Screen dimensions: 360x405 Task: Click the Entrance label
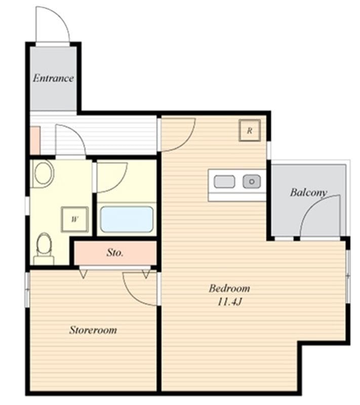(x=53, y=78)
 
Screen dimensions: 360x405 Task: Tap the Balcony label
(x=309, y=192)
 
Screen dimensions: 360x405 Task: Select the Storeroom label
(x=93, y=330)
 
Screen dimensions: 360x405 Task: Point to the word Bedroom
(x=229, y=288)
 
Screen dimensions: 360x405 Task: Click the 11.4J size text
(x=229, y=301)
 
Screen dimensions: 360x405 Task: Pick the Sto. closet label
(x=115, y=252)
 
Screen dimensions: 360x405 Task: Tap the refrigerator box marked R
(x=250, y=131)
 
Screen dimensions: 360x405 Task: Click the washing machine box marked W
(x=75, y=219)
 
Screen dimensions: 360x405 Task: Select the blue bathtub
(x=127, y=219)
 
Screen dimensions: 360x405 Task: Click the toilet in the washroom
(x=44, y=249)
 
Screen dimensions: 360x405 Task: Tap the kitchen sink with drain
(x=252, y=181)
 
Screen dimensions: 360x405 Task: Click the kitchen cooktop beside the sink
(x=224, y=181)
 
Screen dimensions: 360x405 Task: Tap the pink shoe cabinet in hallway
(x=35, y=141)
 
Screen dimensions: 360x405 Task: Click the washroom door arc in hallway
(x=77, y=134)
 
